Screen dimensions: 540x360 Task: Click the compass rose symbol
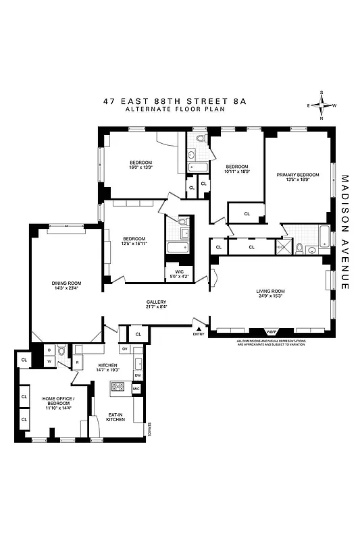[323, 105]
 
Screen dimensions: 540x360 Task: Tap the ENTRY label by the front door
[198, 333]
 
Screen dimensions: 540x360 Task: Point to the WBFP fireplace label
[272, 331]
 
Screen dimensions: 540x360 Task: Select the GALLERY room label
[156, 304]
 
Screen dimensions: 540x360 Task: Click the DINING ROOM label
[66, 286]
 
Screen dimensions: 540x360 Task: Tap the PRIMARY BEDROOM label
[297, 177]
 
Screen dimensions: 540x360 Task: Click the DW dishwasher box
[137, 375]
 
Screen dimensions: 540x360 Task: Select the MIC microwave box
[136, 389]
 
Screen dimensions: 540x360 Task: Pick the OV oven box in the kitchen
[124, 349]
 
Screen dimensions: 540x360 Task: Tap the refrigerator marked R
[78, 362]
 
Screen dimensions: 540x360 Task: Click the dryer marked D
[49, 350]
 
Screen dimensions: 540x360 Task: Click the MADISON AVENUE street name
[344, 233]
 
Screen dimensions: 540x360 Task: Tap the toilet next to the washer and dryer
[61, 351]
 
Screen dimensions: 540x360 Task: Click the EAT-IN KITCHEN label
[116, 417]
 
